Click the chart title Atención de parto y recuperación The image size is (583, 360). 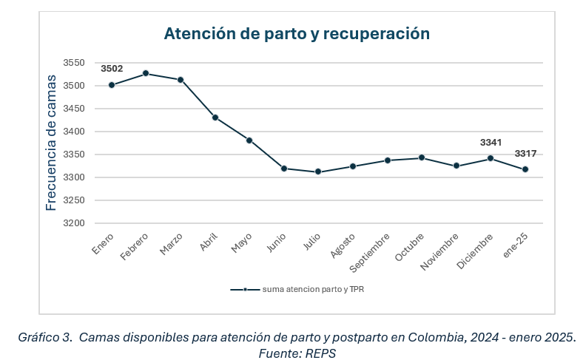coord(296,33)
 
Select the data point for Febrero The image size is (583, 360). coord(146,73)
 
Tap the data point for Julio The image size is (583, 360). coord(318,171)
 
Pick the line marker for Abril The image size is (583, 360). coord(215,118)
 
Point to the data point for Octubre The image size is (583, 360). coord(421,157)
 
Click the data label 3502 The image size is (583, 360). coord(112,69)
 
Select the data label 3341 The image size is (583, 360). coord(491,142)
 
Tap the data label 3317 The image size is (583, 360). coord(525,154)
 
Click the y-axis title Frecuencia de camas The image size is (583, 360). coord(51,142)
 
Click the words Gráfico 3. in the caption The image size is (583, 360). coord(45,337)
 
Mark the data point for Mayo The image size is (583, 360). coord(249,140)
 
